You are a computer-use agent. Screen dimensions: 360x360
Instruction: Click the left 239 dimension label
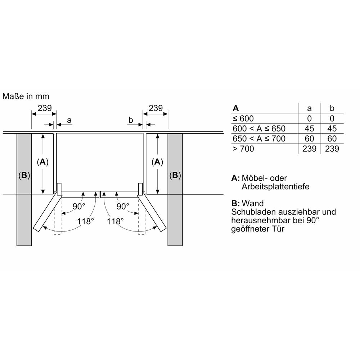(x=45, y=108)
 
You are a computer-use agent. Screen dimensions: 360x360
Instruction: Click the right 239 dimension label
(x=156, y=108)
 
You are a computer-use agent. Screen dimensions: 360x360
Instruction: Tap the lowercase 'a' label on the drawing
(x=69, y=120)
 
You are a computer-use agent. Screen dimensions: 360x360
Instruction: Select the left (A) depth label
(x=43, y=162)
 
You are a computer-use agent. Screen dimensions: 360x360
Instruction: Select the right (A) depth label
(x=157, y=162)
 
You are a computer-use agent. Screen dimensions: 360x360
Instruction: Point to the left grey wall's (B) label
(x=24, y=175)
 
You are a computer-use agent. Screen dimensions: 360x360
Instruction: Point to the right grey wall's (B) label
(x=175, y=175)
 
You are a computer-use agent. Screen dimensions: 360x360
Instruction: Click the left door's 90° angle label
(x=79, y=206)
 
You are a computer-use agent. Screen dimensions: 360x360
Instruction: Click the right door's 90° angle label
(x=123, y=206)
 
